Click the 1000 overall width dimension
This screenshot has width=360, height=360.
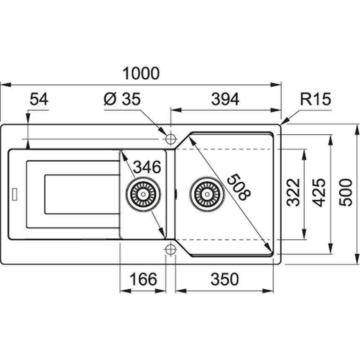click(x=141, y=73)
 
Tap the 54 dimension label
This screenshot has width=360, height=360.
click(x=39, y=100)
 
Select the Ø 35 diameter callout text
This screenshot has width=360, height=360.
click(x=122, y=100)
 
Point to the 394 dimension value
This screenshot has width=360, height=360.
click(x=225, y=100)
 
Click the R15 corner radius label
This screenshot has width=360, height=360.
click(x=316, y=100)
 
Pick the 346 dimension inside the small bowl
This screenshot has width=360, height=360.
click(x=147, y=167)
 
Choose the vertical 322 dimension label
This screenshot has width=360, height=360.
click(x=294, y=192)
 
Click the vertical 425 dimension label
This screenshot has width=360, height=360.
click(x=319, y=192)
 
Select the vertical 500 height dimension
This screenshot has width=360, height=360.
click(x=346, y=192)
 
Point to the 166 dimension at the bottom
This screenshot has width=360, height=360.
click(x=142, y=279)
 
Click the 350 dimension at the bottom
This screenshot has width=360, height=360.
click(x=224, y=279)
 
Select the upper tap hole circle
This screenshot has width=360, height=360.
click(x=170, y=139)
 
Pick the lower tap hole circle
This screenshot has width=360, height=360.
click(x=170, y=249)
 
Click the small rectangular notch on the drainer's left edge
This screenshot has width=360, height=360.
click(x=15, y=194)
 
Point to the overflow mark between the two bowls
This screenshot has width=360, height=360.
click(x=176, y=194)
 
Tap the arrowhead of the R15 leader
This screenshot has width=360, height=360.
click(x=283, y=123)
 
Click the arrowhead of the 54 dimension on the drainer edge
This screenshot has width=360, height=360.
click(x=28, y=146)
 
